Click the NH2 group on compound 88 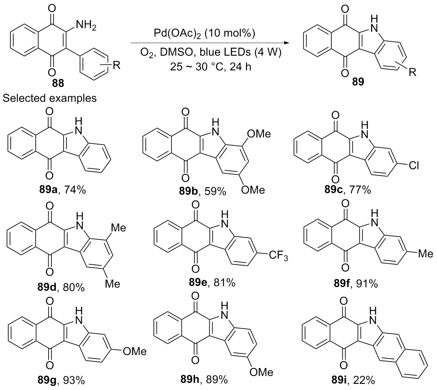[x=86, y=26]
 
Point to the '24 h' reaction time [x=240, y=67]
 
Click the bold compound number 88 [x=58, y=83]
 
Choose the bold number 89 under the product [x=358, y=82]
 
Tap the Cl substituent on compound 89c [x=413, y=166]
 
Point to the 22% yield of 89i [x=364, y=380]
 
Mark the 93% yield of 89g [x=74, y=380]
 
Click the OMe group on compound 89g [x=135, y=351]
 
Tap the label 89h [x=190, y=380]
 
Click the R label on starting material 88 [x=117, y=65]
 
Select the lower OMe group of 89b [x=253, y=190]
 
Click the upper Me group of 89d [x=119, y=227]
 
